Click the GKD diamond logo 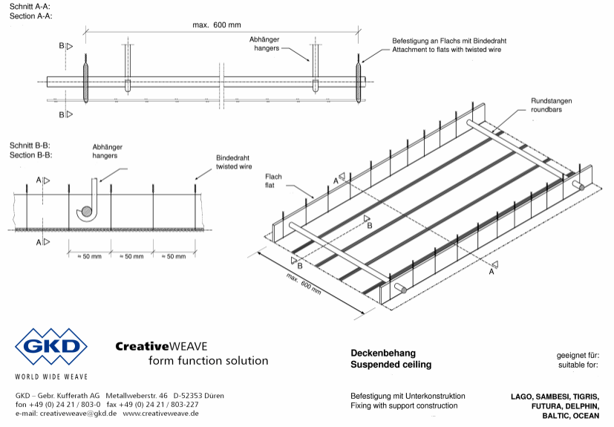[x=51, y=347]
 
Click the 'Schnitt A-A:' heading [x=30, y=7]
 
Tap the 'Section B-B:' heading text [x=30, y=155]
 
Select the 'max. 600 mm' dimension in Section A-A [x=217, y=25]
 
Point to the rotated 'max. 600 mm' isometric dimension [x=304, y=284]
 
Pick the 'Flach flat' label [x=273, y=181]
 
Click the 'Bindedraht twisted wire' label [x=234, y=162]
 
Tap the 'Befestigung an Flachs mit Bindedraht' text [x=449, y=41]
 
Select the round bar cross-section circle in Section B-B [x=87, y=212]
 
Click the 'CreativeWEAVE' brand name [x=161, y=346]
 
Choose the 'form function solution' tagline [x=209, y=360]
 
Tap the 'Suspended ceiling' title [x=391, y=365]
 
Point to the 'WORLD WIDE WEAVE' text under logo [x=51, y=377]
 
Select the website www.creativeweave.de [x=160, y=414]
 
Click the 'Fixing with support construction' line [x=404, y=406]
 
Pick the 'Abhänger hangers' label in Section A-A [x=265, y=44]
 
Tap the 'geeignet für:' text [x=578, y=356]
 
